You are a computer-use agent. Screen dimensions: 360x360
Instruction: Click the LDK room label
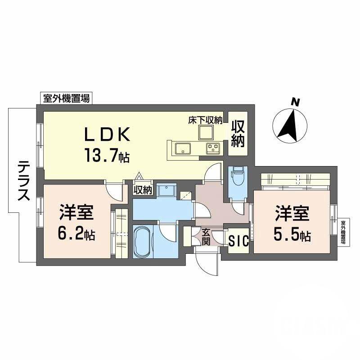[x=108, y=134]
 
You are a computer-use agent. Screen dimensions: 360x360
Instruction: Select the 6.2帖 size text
[x=76, y=234]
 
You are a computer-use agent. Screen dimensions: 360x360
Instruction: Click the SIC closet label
[x=239, y=241]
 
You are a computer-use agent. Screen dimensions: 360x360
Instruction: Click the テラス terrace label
[x=24, y=181]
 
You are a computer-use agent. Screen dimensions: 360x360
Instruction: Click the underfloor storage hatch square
[x=207, y=132]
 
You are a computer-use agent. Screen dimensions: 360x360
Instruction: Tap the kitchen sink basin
[x=183, y=148]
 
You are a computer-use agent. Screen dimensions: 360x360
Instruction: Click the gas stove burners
[x=213, y=148]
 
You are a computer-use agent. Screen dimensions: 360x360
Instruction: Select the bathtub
[x=143, y=242]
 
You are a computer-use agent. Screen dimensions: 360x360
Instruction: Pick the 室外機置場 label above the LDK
[x=66, y=98]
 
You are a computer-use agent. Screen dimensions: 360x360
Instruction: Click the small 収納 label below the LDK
[x=143, y=190]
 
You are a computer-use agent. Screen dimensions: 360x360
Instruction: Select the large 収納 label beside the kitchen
[x=238, y=134]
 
